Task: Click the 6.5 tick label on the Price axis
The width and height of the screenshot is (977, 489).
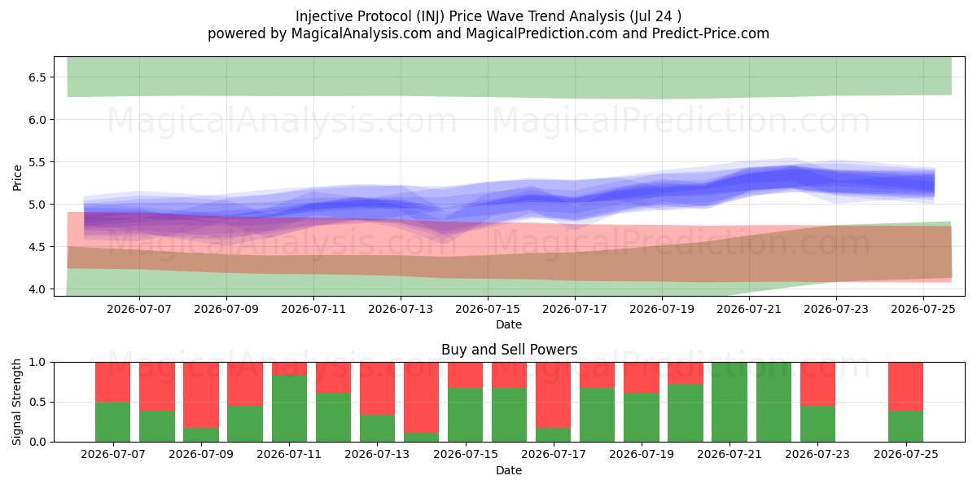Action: pos(37,77)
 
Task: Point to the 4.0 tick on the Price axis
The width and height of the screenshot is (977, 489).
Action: pos(37,289)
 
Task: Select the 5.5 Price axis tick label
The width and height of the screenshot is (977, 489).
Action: pos(37,162)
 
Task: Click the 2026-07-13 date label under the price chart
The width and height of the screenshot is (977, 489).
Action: pos(401,309)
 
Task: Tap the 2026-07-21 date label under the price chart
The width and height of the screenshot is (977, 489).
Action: pos(749,309)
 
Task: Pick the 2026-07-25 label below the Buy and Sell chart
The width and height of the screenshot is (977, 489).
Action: pos(906,454)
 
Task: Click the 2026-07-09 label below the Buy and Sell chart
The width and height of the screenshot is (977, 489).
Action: pos(201,454)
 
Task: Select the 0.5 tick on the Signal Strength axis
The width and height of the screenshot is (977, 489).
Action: pos(37,402)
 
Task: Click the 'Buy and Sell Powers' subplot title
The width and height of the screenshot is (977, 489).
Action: pos(509,350)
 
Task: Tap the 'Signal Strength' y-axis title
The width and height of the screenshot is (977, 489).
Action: pos(16,402)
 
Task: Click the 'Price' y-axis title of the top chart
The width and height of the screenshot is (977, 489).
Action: pos(17,178)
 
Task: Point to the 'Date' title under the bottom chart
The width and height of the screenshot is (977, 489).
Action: pos(509,470)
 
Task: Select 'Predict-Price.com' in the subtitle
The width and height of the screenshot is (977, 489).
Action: pos(711,33)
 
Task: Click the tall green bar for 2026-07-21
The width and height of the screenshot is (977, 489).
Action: pos(729,402)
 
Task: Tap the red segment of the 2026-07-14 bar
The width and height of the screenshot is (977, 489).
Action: pos(421,398)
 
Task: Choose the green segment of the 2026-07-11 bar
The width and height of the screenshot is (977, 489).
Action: pos(289,408)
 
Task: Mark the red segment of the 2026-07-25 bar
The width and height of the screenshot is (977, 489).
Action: pos(906,386)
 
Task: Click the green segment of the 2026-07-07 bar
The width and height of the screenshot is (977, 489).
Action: pos(113,422)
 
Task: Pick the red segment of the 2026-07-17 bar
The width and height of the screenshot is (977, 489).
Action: pos(554,394)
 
